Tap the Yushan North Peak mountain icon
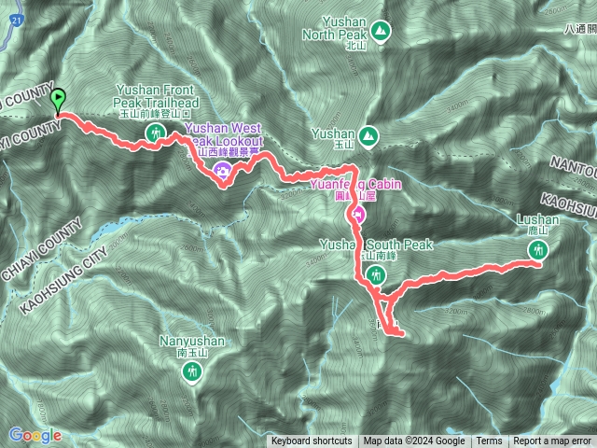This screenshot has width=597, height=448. click(x=381, y=34)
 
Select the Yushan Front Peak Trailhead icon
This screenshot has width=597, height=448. click(x=156, y=133)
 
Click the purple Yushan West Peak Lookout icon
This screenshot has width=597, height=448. click(x=222, y=169)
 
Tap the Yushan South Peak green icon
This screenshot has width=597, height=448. click(x=376, y=274)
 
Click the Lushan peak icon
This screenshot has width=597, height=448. click(x=538, y=249)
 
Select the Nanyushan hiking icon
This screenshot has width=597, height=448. click(x=192, y=372)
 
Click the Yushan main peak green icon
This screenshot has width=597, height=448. click(x=369, y=135)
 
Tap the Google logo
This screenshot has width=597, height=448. click(x=35, y=435)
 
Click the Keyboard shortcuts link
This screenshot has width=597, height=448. click(x=312, y=441)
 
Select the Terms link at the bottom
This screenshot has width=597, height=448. click(x=489, y=441)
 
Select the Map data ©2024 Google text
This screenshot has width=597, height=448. click(x=414, y=441)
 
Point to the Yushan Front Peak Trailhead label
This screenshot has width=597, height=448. click(x=156, y=95)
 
